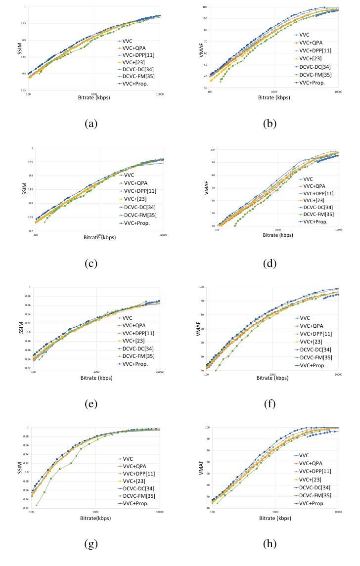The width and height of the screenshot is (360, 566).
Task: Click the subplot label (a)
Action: [x=90, y=124]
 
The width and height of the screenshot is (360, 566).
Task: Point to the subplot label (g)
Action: [x=90, y=544]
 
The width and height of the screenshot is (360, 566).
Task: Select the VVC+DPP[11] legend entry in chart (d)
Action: [x=317, y=193]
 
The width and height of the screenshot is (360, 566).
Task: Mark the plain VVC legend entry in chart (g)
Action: [x=130, y=459]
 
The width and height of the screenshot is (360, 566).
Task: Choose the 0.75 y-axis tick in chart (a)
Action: [x=23, y=90]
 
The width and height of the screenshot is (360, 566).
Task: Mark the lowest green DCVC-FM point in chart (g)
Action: [x=36, y=505]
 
